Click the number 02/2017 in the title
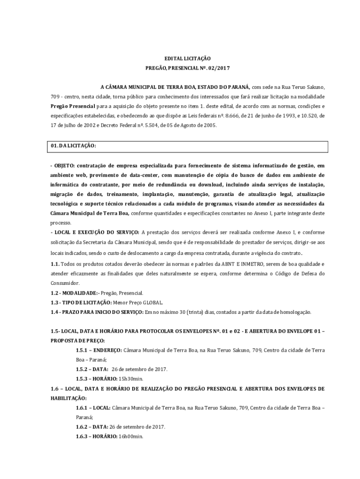pos(219,68)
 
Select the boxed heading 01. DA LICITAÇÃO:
pos(73,146)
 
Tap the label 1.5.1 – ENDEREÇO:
pos(99,350)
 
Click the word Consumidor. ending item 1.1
pos(65,283)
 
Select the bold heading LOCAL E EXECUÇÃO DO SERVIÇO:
pos(96,232)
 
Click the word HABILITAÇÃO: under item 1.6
pos(68,398)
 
